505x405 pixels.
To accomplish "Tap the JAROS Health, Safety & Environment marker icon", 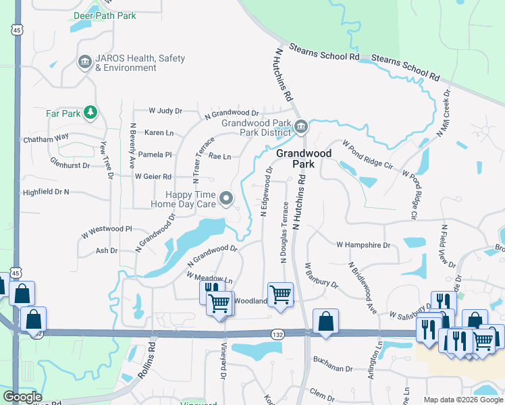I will click(x=85, y=63).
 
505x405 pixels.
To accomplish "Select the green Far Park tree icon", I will click(x=90, y=113).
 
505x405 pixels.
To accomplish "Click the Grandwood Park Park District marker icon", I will click(x=301, y=127).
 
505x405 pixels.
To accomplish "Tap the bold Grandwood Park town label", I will click(x=304, y=158).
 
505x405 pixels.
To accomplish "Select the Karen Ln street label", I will click(x=159, y=133).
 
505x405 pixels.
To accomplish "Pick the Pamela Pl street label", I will click(x=155, y=155).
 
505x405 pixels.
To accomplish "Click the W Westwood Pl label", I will click(x=106, y=229).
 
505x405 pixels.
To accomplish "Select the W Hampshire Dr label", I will click(x=363, y=244).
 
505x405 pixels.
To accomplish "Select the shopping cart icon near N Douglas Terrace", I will click(x=280, y=294).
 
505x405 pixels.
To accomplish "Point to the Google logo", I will click(x=22, y=397).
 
